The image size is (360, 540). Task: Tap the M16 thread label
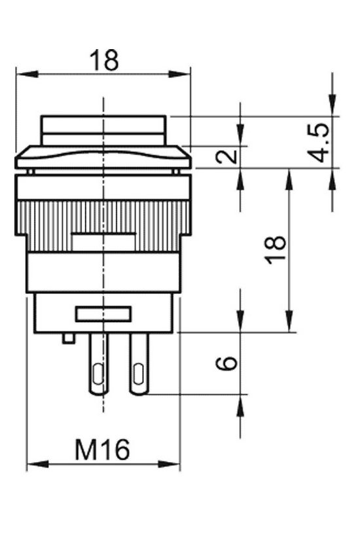tap(102, 450)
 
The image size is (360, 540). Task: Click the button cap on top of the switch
tap(104, 131)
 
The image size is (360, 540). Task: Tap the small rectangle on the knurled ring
tap(103, 243)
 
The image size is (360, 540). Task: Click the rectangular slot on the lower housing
tap(103, 314)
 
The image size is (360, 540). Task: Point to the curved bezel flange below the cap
tap(103, 157)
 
